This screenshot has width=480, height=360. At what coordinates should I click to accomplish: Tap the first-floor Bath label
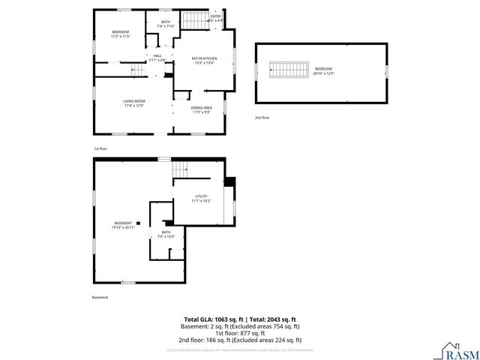pyautogui.click(x=166, y=24)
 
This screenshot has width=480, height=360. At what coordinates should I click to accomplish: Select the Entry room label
pyautogui.click(x=216, y=18)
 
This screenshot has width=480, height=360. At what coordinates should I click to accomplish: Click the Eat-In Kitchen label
pyautogui.click(x=204, y=61)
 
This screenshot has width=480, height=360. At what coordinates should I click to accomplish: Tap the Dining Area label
pyautogui.click(x=202, y=109)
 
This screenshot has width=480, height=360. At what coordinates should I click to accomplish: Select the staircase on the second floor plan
pyautogui.click(x=289, y=70)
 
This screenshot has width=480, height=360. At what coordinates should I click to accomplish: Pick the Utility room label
pyautogui.click(x=201, y=198)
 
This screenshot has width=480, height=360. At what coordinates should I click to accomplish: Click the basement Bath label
pyautogui.click(x=166, y=235)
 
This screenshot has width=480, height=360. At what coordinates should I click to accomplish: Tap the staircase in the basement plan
pyautogui.click(x=180, y=170)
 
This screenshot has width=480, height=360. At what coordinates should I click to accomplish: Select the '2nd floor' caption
pyautogui.click(x=262, y=118)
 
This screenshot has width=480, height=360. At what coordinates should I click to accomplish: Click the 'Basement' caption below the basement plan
pyautogui.click(x=100, y=298)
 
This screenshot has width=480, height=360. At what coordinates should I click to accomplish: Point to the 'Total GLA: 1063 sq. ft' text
pyautogui.click(x=211, y=319)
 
